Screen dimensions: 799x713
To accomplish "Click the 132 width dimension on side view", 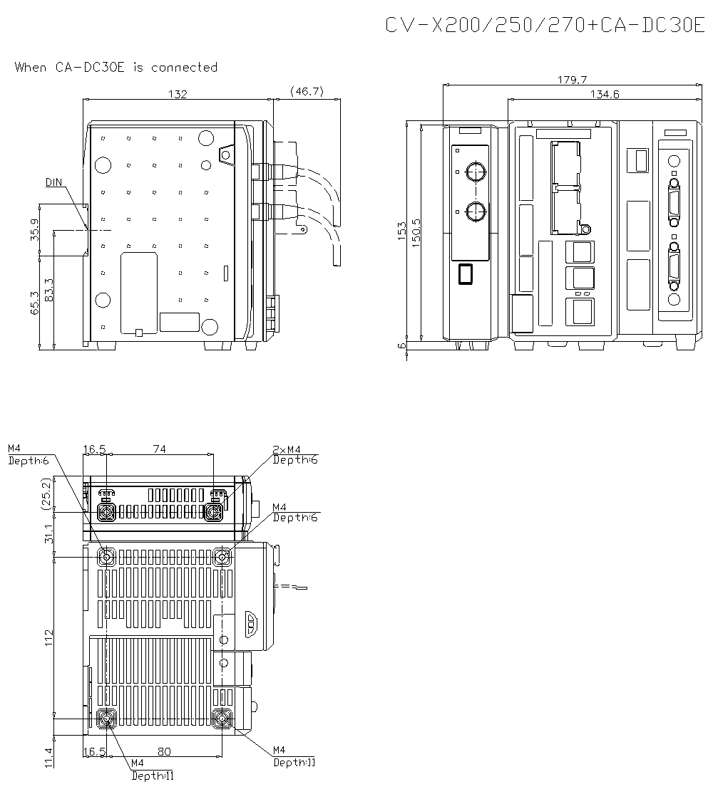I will coord(178,94).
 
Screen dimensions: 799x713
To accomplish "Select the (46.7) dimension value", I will coord(307,91).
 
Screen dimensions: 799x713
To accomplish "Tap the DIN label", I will coord(54,182).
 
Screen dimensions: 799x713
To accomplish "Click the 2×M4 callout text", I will coord(287,449).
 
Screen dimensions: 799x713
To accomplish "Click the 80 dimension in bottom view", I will coord(164,751).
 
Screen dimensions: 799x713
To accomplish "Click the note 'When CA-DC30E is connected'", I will coord(116,68).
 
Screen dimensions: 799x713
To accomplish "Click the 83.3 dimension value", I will coord(48,291).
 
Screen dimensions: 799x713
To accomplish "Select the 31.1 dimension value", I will coord(48,533).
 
